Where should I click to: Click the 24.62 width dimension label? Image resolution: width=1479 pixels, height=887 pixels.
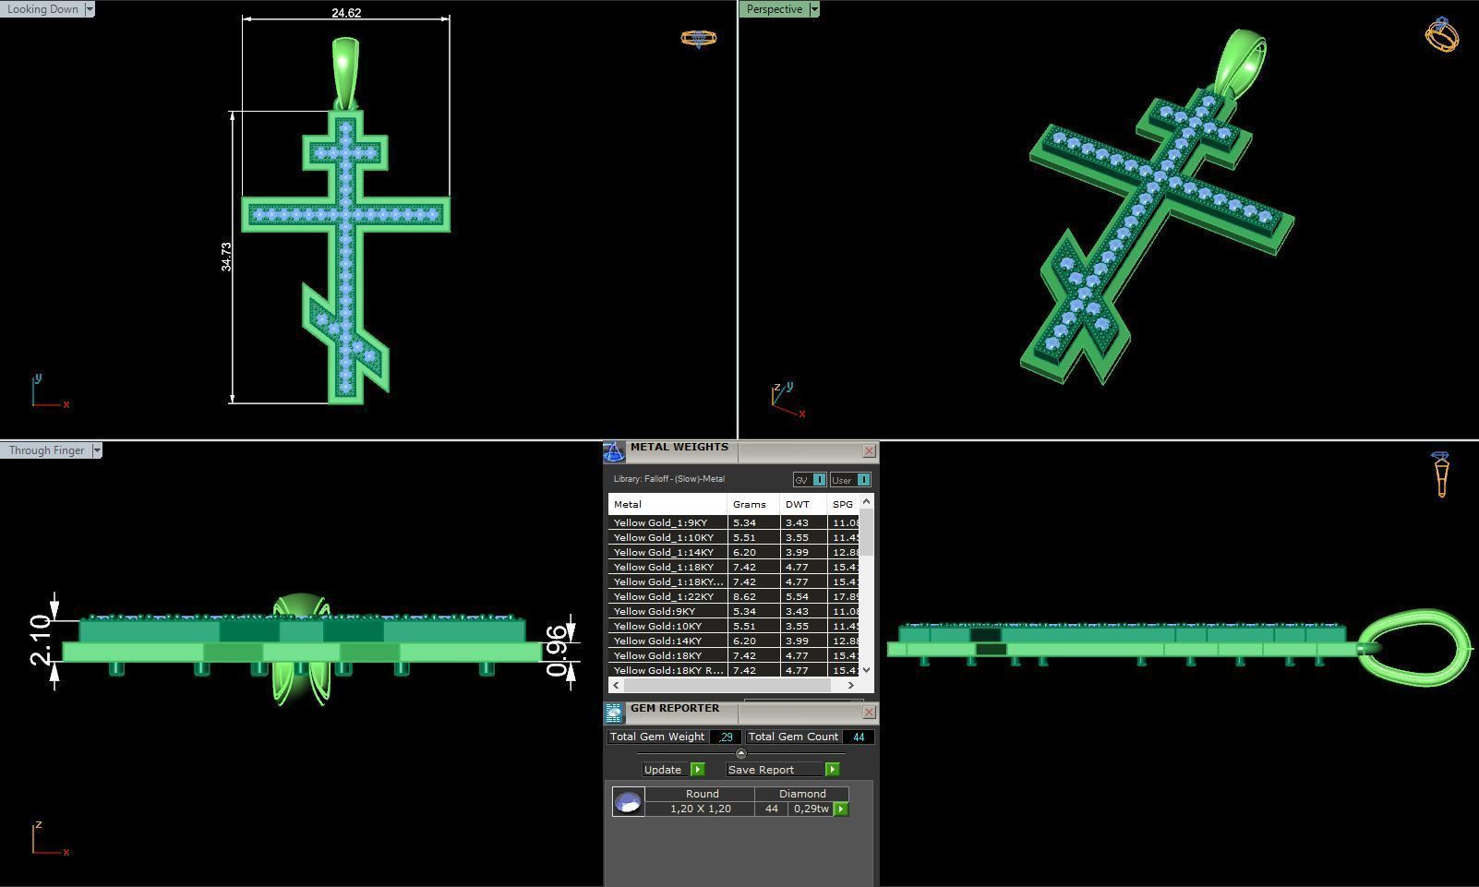[346, 13]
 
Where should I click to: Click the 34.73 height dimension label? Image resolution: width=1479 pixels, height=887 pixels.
[226, 257]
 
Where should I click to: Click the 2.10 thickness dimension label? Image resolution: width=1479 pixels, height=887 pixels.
[40, 640]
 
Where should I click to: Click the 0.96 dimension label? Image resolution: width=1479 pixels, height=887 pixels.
[556, 651]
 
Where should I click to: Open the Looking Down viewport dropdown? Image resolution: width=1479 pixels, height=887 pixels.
[90, 9]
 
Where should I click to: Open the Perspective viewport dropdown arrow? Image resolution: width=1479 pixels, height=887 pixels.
[813, 9]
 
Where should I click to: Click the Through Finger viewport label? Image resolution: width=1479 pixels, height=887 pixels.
[46, 450]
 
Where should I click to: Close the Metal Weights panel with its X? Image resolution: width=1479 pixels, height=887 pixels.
[869, 451]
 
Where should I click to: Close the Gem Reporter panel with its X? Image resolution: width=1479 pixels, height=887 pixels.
[869, 713]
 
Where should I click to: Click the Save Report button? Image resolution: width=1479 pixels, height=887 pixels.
[761, 770]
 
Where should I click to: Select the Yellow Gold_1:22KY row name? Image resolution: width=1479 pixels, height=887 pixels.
[665, 597]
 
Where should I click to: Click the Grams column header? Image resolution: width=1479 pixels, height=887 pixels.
[749, 505]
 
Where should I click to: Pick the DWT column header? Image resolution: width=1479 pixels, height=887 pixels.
[797, 505]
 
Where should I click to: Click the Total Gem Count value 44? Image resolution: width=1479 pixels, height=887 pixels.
[859, 737]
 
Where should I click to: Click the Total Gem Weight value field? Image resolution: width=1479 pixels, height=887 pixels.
[726, 737]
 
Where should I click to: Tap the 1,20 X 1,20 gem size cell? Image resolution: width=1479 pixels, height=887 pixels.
[700, 809]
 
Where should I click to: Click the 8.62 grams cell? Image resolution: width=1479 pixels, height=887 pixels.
[744, 597]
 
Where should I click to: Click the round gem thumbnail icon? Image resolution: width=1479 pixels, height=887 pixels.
[628, 802]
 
